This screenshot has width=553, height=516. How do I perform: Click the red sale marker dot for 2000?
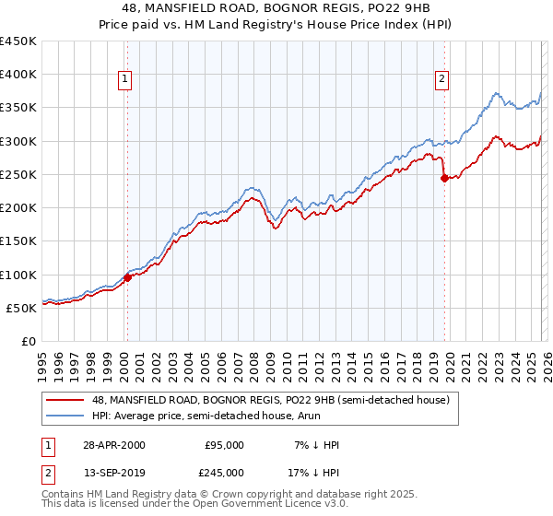127,277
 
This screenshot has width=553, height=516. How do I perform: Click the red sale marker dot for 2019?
444,178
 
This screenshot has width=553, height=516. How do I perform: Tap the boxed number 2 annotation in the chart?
442,80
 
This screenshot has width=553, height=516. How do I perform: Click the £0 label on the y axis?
29,341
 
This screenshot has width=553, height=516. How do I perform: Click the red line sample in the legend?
65,400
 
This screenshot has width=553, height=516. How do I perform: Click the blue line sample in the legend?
65,416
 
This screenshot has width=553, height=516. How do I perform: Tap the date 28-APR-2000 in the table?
113,445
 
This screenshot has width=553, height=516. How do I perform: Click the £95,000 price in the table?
224,445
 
